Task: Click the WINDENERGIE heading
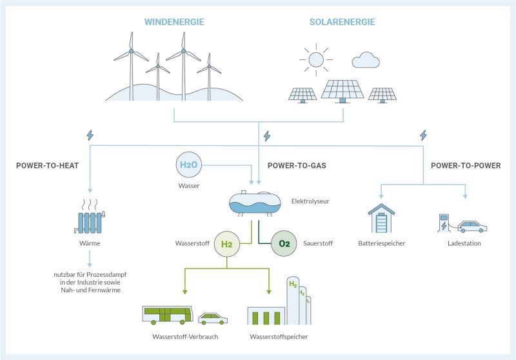[174, 22]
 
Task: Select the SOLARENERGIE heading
[342, 22]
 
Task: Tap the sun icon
[316, 59]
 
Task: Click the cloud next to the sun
[366, 60]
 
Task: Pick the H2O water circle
[188, 165]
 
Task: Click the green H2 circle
[227, 244]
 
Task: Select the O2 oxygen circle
[284, 243]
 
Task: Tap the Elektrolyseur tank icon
[255, 203]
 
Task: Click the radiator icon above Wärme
[90, 217]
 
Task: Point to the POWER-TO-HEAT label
[47, 166]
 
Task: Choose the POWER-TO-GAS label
[297, 166]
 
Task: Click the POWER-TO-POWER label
[466, 166]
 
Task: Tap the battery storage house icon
[381, 219]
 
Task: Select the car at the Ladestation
[472, 226]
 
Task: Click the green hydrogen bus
[168, 315]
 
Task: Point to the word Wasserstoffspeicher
[279, 337]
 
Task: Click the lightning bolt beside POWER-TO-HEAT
[90, 135]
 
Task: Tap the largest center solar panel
[342, 91]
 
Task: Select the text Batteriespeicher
[381, 243]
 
